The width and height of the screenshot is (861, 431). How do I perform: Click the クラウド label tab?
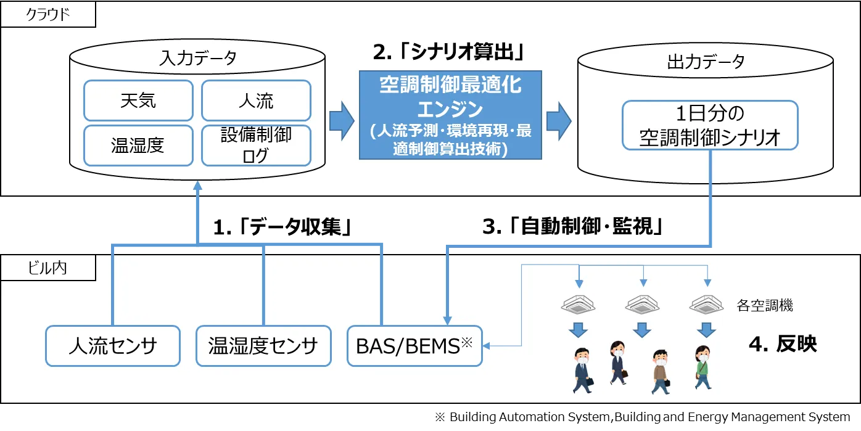[x=48, y=15]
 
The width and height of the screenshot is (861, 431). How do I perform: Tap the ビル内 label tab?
[x=47, y=268]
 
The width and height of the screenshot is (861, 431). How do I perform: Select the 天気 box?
[x=138, y=101]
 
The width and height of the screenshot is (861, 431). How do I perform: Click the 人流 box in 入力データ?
[x=256, y=101]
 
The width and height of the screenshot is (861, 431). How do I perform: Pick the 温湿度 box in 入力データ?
[x=138, y=146]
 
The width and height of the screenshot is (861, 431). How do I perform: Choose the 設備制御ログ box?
[x=256, y=146]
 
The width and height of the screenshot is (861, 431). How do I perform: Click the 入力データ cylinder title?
[x=197, y=59]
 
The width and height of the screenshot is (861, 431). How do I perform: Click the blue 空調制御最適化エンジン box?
[x=450, y=115]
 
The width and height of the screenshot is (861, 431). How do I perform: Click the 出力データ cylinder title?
[x=706, y=61]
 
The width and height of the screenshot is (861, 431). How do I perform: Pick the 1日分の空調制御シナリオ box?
[x=710, y=125]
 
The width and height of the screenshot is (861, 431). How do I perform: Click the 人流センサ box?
[x=113, y=346]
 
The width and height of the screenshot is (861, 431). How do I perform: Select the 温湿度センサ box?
[x=263, y=346]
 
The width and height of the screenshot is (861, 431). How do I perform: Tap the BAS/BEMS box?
[x=414, y=346]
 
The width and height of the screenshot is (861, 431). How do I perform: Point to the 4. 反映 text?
[x=783, y=344]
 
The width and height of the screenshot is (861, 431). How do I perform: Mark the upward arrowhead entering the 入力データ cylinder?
[x=197, y=185]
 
